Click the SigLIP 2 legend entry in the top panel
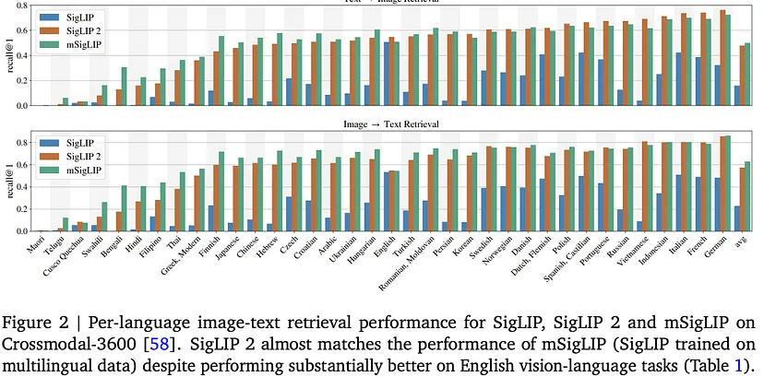82,30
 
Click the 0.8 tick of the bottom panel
22,143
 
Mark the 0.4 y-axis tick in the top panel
22,55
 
